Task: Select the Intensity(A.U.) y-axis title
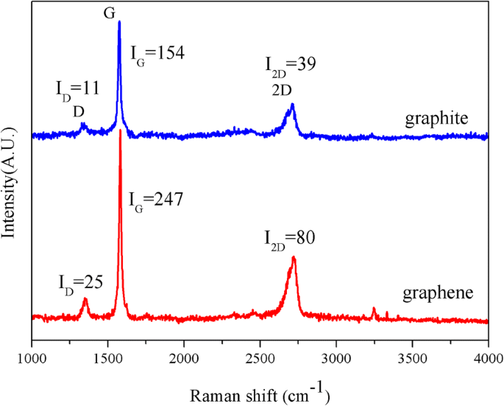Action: pyautogui.click(x=10, y=184)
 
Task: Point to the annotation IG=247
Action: pyautogui.click(x=156, y=199)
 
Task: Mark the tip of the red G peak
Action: pyautogui.click(x=120, y=130)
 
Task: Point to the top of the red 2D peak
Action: pyautogui.click(x=294, y=257)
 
